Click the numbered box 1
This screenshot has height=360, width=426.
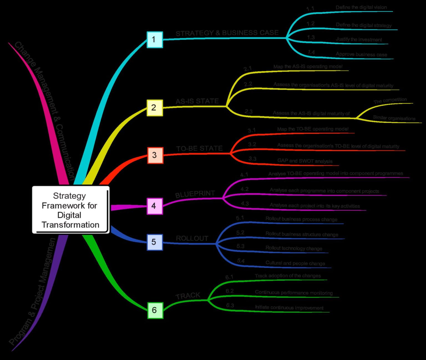click(x=154, y=40)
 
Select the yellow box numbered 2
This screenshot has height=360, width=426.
click(x=154, y=108)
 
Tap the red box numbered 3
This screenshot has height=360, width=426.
click(x=155, y=155)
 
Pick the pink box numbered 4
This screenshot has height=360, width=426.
click(x=154, y=206)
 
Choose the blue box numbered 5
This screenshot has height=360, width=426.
click(x=154, y=242)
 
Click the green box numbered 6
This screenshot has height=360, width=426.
click(x=155, y=310)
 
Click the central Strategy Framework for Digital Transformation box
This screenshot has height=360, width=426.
click(x=70, y=210)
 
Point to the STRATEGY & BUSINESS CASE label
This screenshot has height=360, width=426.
click(x=227, y=33)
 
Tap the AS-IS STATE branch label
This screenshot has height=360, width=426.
click(x=197, y=101)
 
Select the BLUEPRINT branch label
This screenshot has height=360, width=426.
click(x=195, y=194)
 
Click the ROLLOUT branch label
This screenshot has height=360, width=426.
click(x=192, y=238)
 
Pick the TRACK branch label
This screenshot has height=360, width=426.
click(x=188, y=296)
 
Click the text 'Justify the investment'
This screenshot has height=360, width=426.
click(x=359, y=39)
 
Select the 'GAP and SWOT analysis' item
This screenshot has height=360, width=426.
click(x=305, y=161)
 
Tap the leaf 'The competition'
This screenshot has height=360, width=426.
click(x=390, y=100)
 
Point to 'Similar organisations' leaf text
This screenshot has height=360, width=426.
click(x=394, y=118)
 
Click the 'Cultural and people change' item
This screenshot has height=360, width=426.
click(x=295, y=263)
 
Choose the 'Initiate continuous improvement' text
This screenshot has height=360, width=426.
click(x=289, y=308)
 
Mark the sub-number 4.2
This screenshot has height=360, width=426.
click(x=244, y=189)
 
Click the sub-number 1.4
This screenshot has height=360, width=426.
click(x=311, y=52)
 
